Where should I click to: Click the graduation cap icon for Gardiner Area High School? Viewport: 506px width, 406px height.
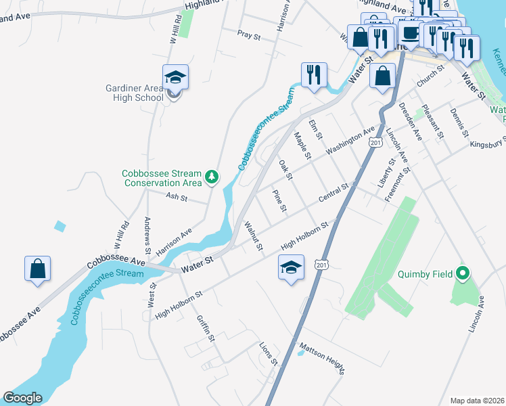click(175, 78)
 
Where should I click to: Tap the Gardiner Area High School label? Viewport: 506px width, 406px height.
click(135, 93)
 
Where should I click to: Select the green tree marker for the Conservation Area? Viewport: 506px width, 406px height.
click(212, 177)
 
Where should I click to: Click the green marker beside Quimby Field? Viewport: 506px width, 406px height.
click(463, 274)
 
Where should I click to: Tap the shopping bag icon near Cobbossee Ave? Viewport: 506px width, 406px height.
click(37, 269)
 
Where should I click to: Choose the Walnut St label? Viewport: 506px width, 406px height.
click(252, 234)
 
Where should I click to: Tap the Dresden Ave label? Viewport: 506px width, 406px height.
click(410, 121)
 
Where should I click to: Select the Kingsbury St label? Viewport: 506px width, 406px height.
click(488, 143)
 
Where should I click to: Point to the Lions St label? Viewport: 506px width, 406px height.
click(269, 353)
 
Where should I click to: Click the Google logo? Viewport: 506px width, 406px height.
click(22, 398)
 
